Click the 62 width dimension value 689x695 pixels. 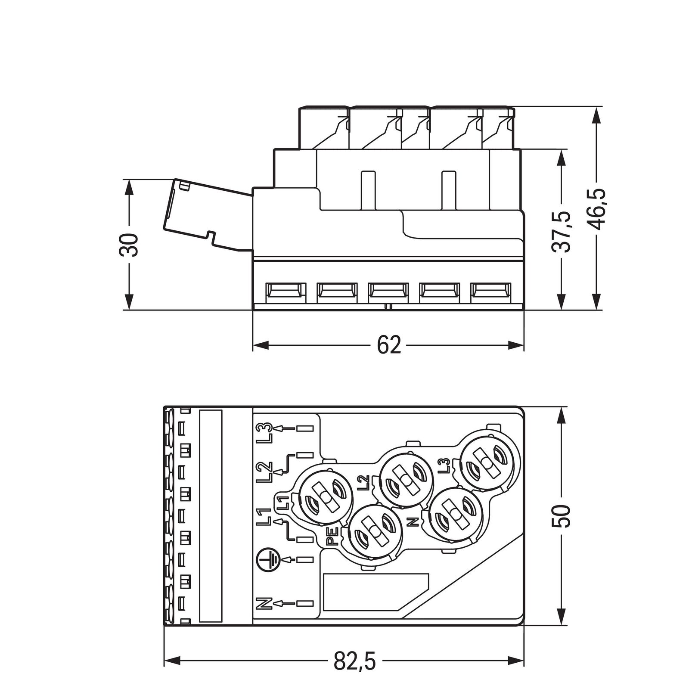pos(388,345)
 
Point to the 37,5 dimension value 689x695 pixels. pos(561,231)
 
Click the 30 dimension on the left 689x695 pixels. pos(129,245)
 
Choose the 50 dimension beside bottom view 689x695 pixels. pos(561,516)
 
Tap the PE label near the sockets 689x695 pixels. pos(332,537)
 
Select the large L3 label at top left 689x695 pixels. pos(263,433)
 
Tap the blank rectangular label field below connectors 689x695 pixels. pos(376,591)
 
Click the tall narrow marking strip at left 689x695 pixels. pos(211,516)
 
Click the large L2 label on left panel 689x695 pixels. pos(263,472)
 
